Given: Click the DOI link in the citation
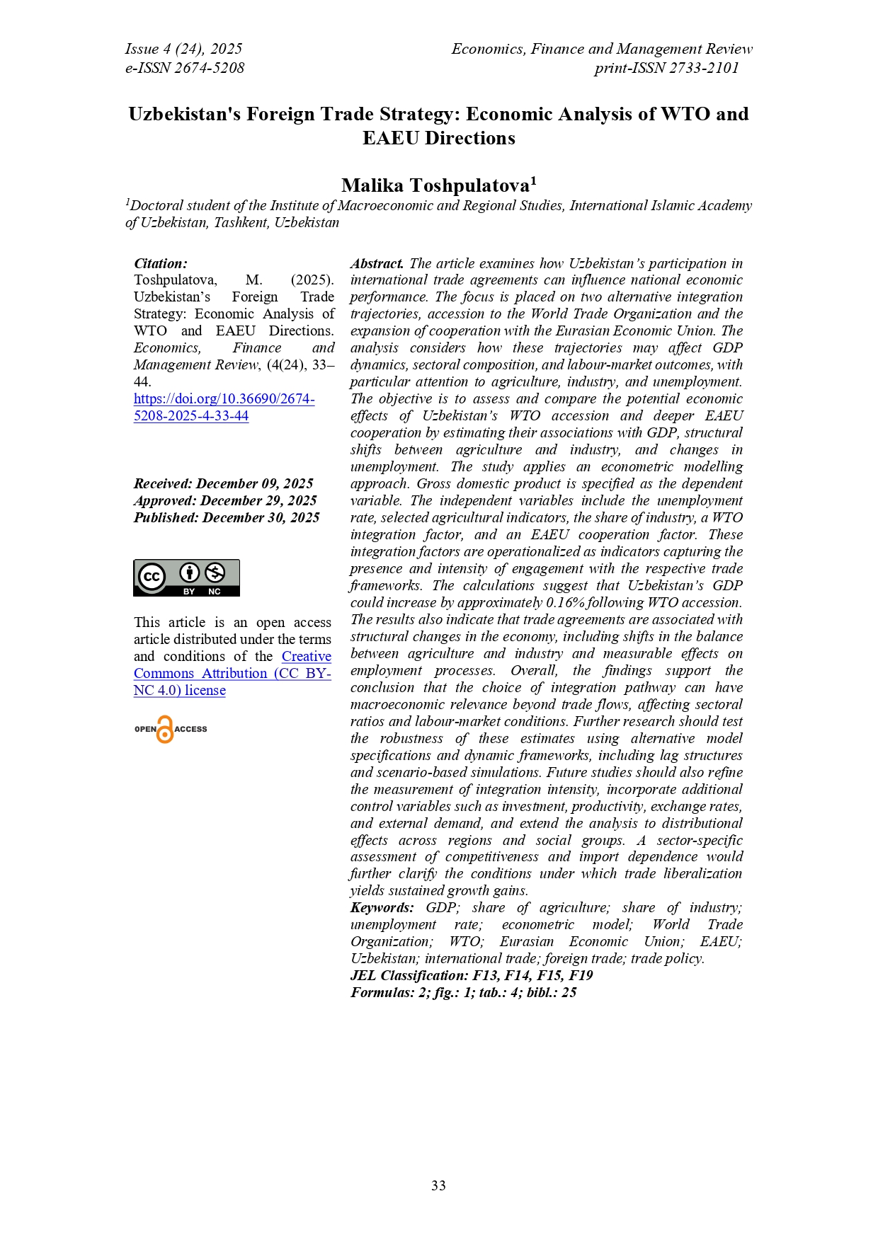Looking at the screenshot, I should coord(224,407).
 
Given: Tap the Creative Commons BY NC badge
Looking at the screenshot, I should coord(186,577).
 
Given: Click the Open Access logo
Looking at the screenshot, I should coord(171,729).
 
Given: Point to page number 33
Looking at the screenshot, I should coord(438,1185).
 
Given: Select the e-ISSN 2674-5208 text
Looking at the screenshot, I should coord(185,68).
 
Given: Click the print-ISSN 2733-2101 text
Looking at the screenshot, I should coord(666,68).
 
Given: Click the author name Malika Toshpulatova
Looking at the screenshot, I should coord(435,185).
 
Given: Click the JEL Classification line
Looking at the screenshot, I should coord(472,975).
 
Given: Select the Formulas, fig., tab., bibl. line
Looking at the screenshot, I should coord(463,992).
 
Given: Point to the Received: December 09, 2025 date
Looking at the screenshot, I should coord(223,483).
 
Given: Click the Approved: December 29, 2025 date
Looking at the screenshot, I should coord(225,500).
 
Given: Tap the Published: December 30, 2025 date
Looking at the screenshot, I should coord(227,517).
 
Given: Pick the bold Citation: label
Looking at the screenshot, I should coord(161,263).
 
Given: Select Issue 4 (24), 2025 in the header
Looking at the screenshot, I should coord(183,49).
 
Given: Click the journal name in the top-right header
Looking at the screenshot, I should coord(602,49).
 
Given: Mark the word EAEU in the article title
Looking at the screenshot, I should coord(392,138).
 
